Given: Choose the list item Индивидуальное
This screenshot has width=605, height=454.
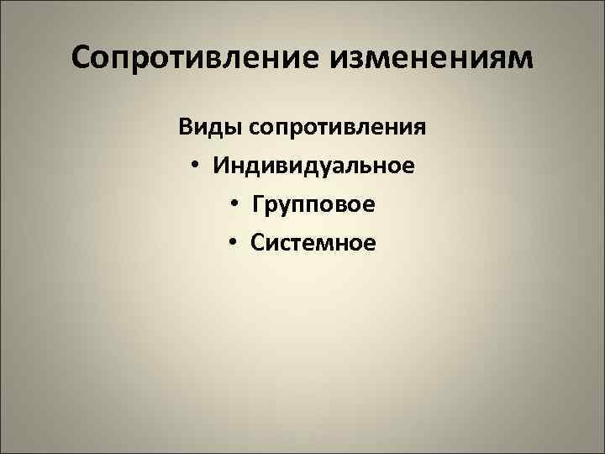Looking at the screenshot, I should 313,165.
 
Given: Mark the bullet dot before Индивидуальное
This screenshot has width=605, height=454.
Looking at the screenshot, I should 194,166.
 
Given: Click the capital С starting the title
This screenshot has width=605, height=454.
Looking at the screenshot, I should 82,58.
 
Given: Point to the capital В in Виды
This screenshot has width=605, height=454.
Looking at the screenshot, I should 185,127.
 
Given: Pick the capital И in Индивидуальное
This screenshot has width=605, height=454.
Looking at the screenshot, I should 221,165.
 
